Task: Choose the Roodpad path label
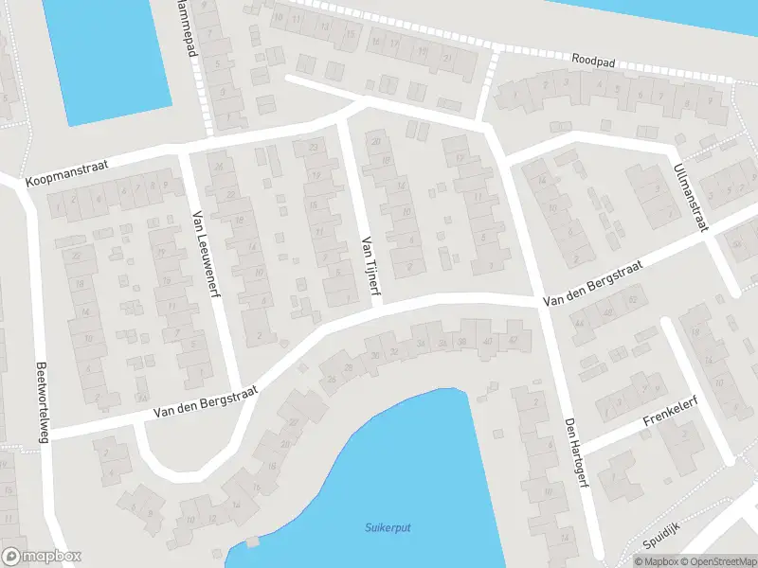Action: pyautogui.click(x=593, y=60)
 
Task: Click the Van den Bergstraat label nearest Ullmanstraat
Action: pyautogui.click(x=593, y=284)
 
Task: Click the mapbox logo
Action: pyautogui.click(x=42, y=556)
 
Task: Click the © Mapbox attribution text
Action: pyautogui.click(x=656, y=561)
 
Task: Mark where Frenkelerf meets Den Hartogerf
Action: pyautogui.click(x=580, y=447)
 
